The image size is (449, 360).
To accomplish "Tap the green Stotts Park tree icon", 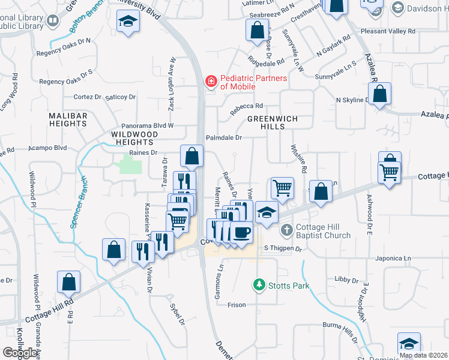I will click(x=259, y=285).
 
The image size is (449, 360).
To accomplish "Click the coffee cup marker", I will click(x=241, y=232).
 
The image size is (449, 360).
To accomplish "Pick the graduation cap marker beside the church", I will click(x=267, y=212).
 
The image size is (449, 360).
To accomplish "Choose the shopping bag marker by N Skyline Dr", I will click(x=379, y=94).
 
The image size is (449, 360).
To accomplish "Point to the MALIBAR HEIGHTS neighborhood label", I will click(x=68, y=119).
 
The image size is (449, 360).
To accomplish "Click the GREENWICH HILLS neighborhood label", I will click(x=273, y=123).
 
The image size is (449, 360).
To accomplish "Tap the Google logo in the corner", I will click(x=20, y=353).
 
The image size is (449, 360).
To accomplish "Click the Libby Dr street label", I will click(x=346, y=280).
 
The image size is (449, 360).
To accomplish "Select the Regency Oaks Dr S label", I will click(x=66, y=81).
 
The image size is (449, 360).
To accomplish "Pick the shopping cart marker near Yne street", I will click(x=282, y=188).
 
